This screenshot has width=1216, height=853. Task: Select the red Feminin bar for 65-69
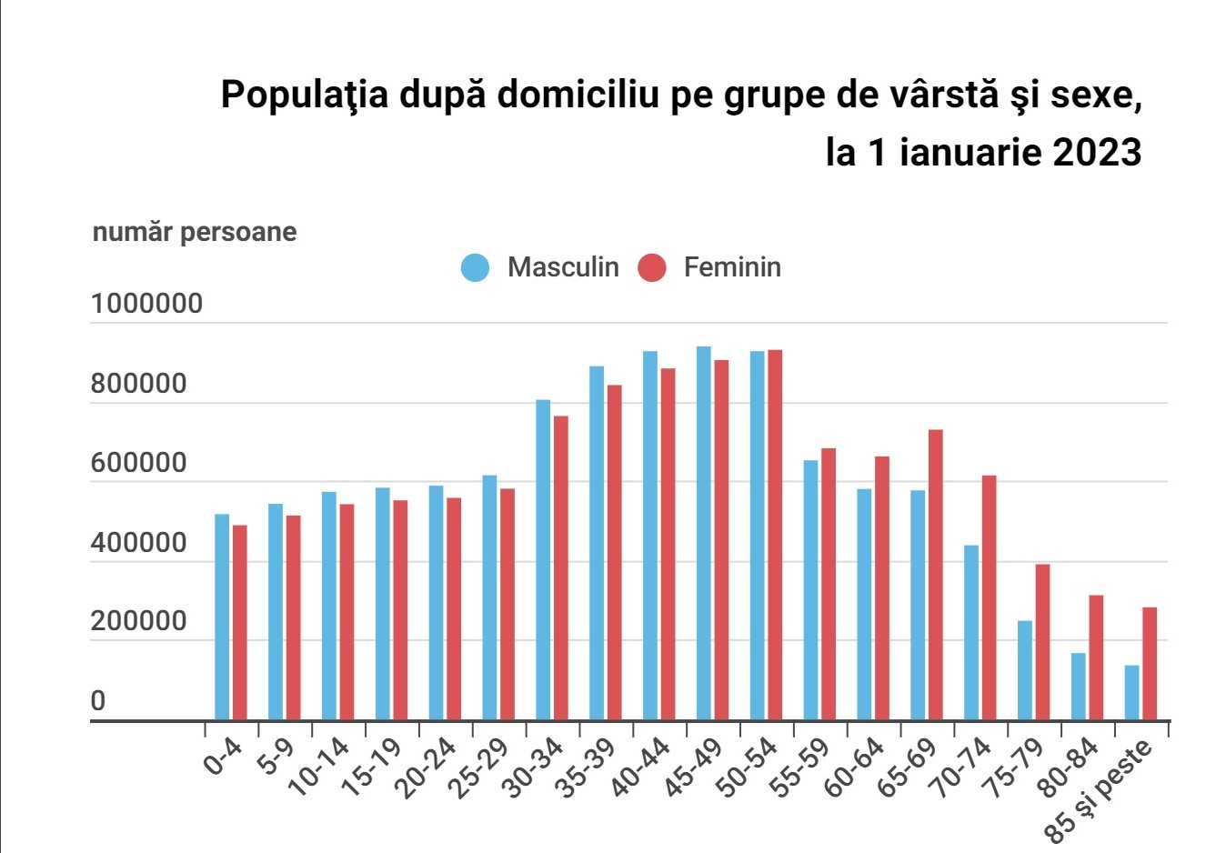pyautogui.click(x=935, y=575)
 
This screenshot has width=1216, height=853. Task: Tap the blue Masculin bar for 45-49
pyautogui.click(x=704, y=533)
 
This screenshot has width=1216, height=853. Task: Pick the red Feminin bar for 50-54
pyautogui.click(x=775, y=535)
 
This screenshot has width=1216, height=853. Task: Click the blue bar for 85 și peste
pyautogui.click(x=1131, y=693)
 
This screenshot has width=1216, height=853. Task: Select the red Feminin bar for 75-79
pyautogui.click(x=1042, y=642)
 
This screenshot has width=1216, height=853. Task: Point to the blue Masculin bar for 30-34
pyautogui.click(x=543, y=559)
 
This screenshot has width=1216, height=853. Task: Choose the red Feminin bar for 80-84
pyautogui.click(x=1096, y=657)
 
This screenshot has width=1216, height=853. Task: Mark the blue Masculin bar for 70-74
pyautogui.click(x=971, y=632)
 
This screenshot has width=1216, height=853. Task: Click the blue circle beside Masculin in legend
pyautogui.click(x=475, y=267)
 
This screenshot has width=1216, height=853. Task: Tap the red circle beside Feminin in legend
pyautogui.click(x=651, y=267)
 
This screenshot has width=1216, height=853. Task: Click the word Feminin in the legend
pyautogui.click(x=732, y=267)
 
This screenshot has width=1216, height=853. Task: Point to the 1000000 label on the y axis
pyautogui.click(x=146, y=304)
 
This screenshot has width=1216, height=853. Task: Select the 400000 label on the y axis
pyautogui.click(x=138, y=543)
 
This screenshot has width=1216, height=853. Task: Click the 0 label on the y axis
pyautogui.click(x=98, y=701)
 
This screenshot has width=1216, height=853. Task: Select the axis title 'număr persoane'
pyautogui.click(x=195, y=232)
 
